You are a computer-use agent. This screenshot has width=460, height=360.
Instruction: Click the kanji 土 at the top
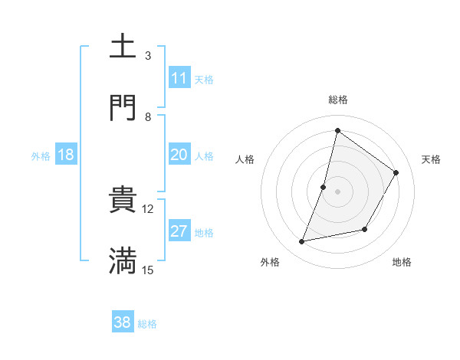pyautogui.click(x=123, y=47)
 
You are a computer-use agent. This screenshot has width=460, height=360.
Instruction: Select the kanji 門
pyautogui.click(x=123, y=107)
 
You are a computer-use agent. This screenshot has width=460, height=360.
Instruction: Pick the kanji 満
pyautogui.click(x=123, y=261)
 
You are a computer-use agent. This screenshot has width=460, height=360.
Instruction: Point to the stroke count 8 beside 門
pyautogui.click(x=148, y=116)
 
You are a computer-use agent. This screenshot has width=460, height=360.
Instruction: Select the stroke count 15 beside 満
pyautogui.click(x=148, y=270)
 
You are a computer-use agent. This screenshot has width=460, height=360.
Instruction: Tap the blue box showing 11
pyautogui.click(x=179, y=78)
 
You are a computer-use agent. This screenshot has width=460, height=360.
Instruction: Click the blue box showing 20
pyautogui.click(x=179, y=155)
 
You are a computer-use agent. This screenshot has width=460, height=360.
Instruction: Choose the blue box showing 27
pyautogui.click(x=179, y=231)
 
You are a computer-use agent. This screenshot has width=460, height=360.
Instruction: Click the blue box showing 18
pyautogui.click(x=66, y=155)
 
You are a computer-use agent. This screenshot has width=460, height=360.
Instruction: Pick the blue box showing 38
pyautogui.click(x=123, y=323)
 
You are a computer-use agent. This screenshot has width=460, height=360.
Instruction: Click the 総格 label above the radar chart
pyautogui.click(x=337, y=100)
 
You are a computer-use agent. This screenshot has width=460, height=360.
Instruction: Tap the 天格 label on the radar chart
pyautogui.click(x=431, y=159)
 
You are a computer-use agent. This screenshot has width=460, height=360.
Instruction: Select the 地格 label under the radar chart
pyautogui.click(x=402, y=262)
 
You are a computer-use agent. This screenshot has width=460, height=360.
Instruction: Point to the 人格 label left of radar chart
pyautogui.click(x=245, y=159)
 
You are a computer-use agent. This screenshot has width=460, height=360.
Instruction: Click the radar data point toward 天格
pyautogui.click(x=396, y=172)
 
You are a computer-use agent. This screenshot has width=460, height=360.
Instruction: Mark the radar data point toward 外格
pyautogui.click(x=302, y=242)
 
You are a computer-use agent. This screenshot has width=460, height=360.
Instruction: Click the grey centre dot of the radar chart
pyautogui.click(x=337, y=191)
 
